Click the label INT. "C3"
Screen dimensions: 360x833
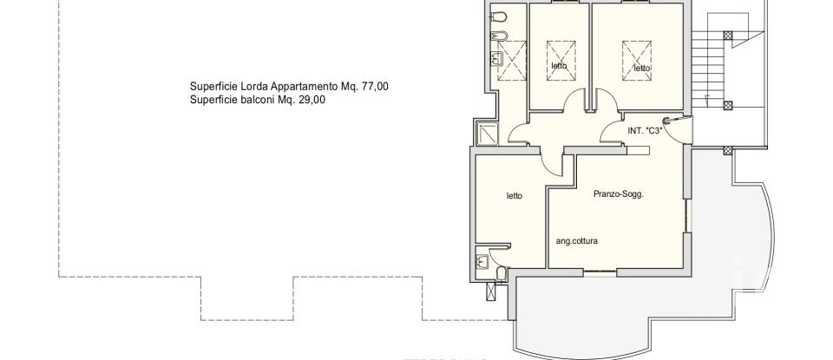click(x=645, y=131)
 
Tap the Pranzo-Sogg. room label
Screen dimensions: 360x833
click(x=618, y=194)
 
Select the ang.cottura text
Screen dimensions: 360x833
click(x=577, y=242)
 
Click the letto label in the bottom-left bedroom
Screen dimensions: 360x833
click(x=515, y=196)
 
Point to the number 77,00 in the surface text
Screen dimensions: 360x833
click(x=374, y=86)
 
